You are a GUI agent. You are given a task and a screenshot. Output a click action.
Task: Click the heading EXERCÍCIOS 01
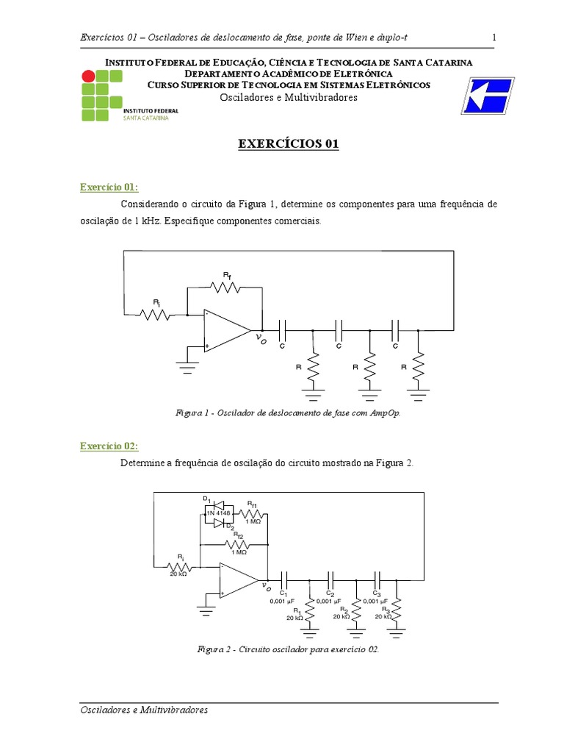(288, 145)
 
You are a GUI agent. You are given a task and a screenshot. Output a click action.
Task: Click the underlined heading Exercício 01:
(109, 188)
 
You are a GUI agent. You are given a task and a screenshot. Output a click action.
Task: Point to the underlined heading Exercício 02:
(109, 447)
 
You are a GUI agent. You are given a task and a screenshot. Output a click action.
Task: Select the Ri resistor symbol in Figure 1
(156, 315)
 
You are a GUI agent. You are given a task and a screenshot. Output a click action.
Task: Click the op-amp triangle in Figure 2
(239, 580)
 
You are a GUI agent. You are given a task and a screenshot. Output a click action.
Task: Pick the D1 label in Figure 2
(207, 499)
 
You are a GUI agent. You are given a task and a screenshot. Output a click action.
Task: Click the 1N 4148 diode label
(218, 513)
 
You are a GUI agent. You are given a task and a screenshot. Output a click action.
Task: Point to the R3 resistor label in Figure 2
(384, 610)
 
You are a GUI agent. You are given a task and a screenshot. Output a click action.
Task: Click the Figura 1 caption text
(289, 413)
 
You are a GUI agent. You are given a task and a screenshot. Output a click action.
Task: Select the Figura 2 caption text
(288, 649)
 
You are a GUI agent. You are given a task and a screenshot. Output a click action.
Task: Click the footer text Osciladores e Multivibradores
(144, 710)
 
